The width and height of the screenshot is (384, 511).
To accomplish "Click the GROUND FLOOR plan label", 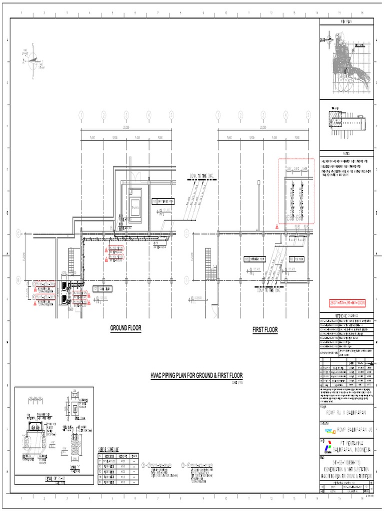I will (126, 328).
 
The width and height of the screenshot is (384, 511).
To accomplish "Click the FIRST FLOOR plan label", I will (265, 330).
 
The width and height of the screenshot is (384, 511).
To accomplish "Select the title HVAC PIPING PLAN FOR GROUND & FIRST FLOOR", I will (196, 375).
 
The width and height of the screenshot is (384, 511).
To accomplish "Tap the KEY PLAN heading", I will (346, 22).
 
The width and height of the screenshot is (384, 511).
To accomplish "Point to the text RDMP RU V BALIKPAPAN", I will (346, 412).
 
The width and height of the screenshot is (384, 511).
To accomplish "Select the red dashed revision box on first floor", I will (296, 191).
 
